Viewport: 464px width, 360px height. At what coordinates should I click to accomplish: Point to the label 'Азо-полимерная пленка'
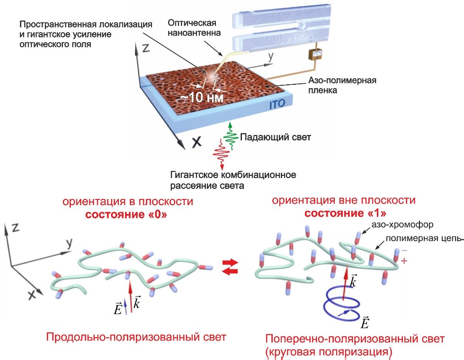click(x=310, y=85)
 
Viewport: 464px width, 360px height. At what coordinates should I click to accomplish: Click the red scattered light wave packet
click(x=220, y=153)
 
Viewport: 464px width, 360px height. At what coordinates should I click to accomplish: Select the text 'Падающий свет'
click(x=269, y=137)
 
